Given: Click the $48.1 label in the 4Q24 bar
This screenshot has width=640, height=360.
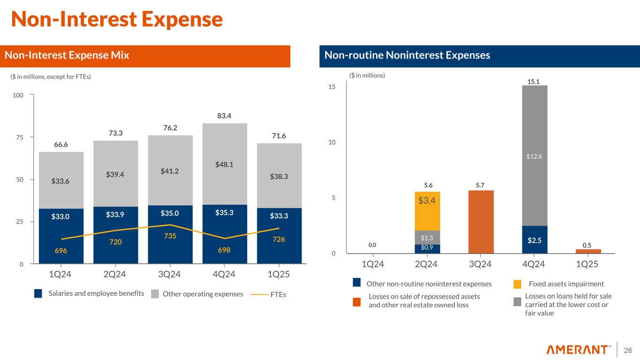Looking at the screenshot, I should (225, 165).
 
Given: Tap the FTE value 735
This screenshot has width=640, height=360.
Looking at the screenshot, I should (170, 236).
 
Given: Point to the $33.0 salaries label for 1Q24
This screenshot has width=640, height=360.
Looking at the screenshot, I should (61, 217).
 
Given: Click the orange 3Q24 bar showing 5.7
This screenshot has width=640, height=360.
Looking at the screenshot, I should (481, 221).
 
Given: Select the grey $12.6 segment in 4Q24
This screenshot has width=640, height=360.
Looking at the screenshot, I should (535, 157).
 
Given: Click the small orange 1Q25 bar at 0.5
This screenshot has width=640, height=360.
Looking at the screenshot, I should (588, 251).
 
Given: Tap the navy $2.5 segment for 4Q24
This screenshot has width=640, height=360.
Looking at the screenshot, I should (535, 240).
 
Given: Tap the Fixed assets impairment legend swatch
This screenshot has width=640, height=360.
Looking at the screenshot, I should (517, 284).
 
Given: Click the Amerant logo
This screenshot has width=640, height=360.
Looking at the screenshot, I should (579, 350).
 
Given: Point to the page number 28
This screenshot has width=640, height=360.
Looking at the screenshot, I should (628, 350).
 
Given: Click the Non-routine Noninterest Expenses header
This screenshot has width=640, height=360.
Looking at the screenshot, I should (407, 56).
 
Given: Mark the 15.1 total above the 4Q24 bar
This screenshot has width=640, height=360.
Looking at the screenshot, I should (534, 82).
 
